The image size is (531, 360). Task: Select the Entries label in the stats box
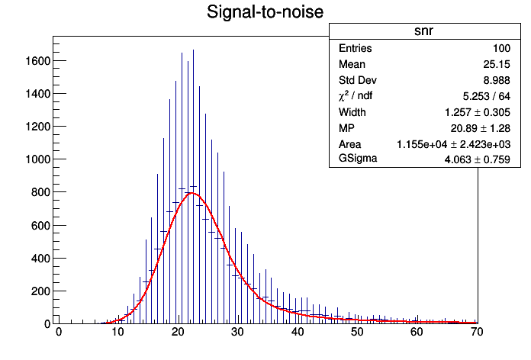(x=356, y=48)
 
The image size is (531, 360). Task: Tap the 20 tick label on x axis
(x=178, y=333)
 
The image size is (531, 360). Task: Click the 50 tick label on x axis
(x=357, y=333)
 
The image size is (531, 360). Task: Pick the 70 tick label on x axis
(x=476, y=333)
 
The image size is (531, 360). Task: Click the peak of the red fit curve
(x=191, y=193)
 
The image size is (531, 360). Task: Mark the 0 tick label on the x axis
(x=59, y=333)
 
